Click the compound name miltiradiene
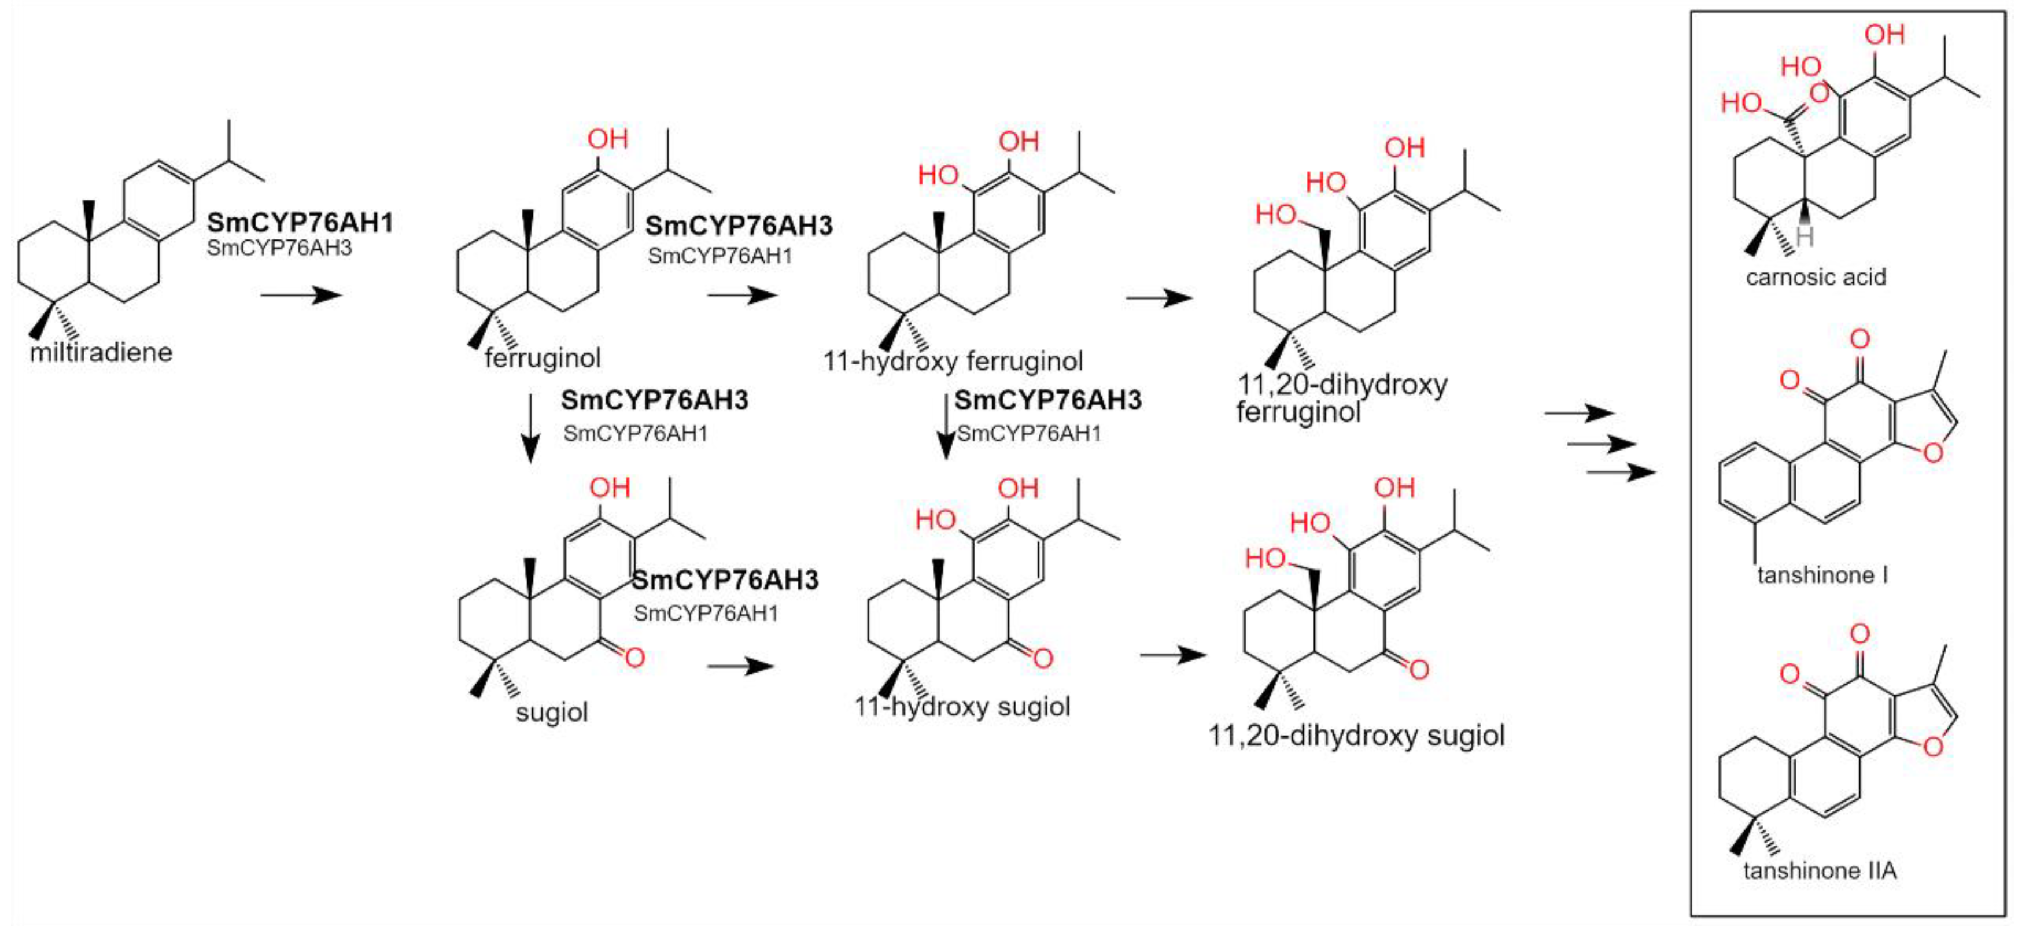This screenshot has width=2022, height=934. [101, 352]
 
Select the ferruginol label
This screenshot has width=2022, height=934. [543, 358]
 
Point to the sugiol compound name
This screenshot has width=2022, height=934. [551, 712]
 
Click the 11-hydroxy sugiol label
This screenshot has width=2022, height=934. [961, 706]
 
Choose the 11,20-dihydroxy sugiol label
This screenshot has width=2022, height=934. [1356, 736]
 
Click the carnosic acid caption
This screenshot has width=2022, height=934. [1816, 276]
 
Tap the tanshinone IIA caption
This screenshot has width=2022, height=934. [1820, 870]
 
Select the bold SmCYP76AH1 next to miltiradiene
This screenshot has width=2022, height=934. [300, 223]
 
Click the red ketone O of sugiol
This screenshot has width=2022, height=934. [634, 657]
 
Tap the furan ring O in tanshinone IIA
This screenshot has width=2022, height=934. [1932, 745]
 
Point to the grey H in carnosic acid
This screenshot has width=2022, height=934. [1805, 236]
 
